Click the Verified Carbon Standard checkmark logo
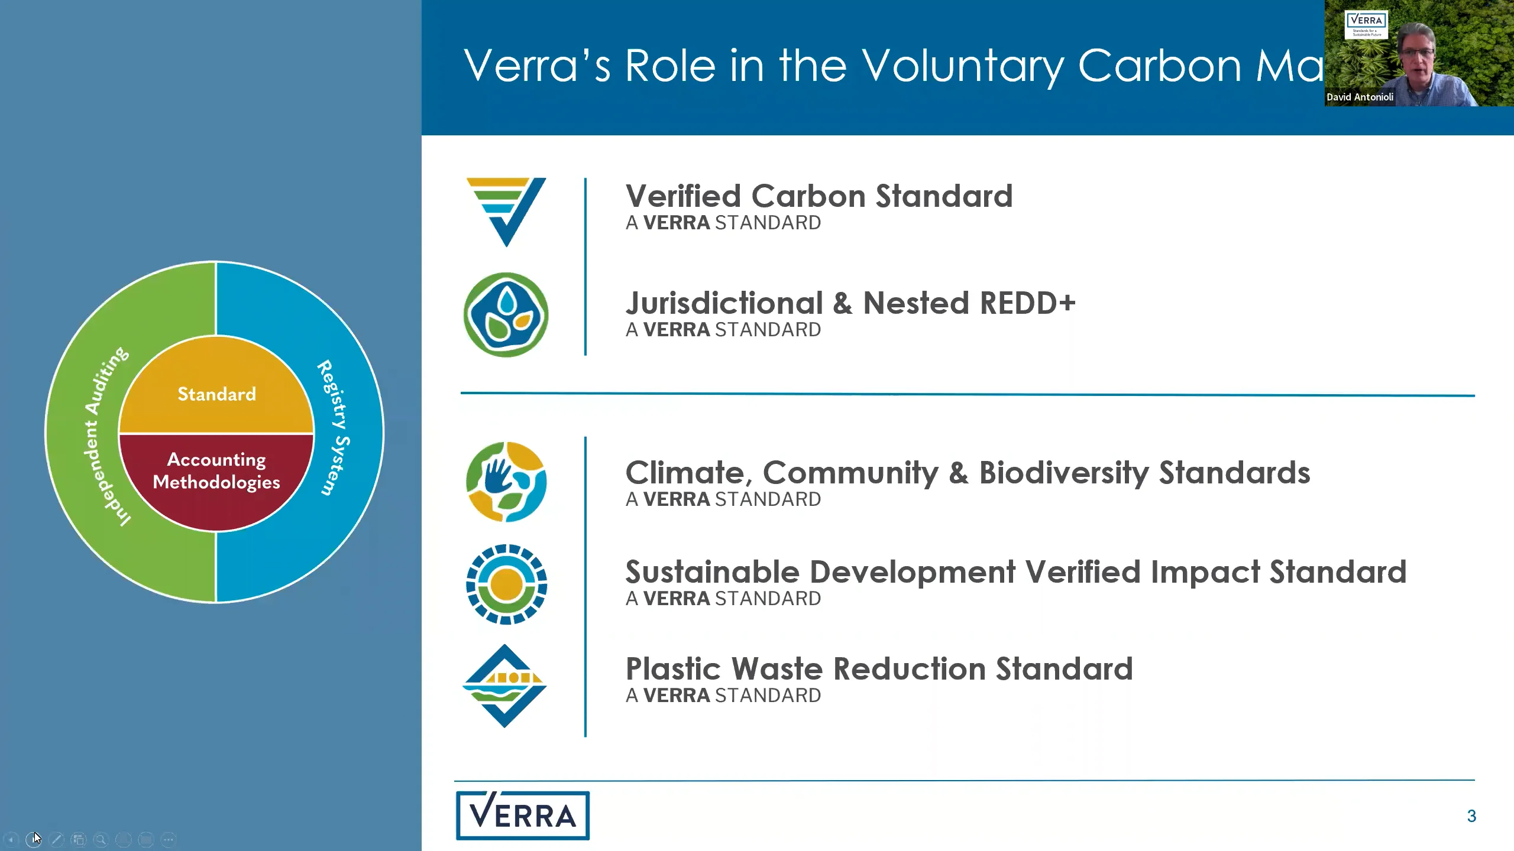506,211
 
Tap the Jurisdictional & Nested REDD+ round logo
506,314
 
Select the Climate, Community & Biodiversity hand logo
506,482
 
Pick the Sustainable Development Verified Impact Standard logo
506,584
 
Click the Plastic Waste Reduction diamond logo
504,686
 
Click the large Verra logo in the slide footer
523,816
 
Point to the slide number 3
1471,816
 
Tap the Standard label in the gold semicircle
216,394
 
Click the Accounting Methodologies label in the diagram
216,470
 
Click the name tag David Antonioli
1360,97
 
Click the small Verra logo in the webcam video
1366,24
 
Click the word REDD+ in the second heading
1028,303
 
